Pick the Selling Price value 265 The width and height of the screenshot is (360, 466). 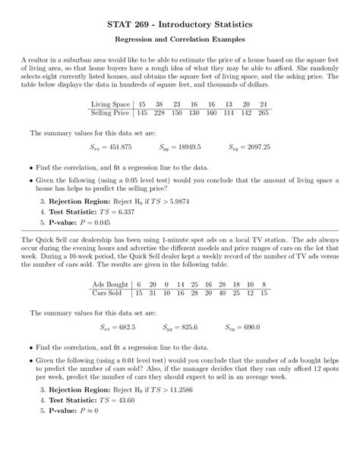coord(263,113)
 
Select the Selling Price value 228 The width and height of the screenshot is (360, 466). coord(159,113)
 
